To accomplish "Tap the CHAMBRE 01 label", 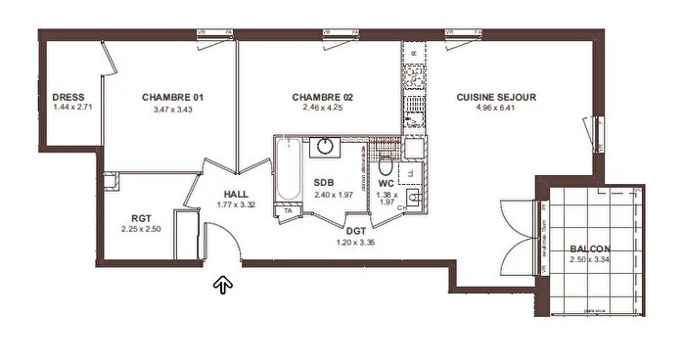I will pyautogui.click(x=172, y=97).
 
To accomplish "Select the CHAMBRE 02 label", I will pyautogui.click(x=322, y=97).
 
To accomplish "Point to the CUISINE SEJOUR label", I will pyautogui.click(x=496, y=97).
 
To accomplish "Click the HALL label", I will pyautogui.click(x=236, y=194).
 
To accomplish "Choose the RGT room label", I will pyautogui.click(x=140, y=218).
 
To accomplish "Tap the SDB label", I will pyautogui.click(x=324, y=182).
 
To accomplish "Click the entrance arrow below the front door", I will pyautogui.click(x=223, y=285).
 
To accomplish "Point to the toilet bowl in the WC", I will pyautogui.click(x=385, y=161).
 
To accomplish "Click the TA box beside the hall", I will pyautogui.click(x=288, y=210).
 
